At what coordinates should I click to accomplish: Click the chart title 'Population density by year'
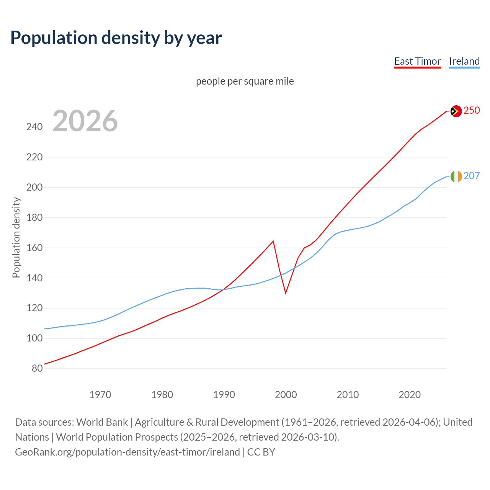(x=116, y=38)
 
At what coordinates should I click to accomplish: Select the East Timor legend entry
(x=417, y=61)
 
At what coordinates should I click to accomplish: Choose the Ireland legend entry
(x=464, y=61)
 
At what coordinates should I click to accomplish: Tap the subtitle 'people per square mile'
(x=245, y=81)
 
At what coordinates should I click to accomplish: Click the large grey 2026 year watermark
(x=85, y=121)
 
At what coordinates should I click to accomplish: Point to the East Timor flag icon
(x=456, y=111)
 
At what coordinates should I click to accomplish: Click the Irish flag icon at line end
(x=456, y=176)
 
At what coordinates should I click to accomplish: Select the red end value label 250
(x=472, y=110)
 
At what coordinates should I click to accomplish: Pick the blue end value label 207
(x=472, y=176)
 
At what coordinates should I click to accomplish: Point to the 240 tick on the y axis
(x=34, y=127)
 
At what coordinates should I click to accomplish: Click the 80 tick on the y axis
(x=37, y=369)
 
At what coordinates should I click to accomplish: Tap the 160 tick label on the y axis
(x=34, y=248)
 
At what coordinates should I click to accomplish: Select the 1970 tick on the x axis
(x=100, y=394)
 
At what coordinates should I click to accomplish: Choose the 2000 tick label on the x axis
(x=286, y=394)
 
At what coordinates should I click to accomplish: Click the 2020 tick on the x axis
(x=410, y=394)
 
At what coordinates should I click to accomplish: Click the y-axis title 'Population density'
(x=16, y=237)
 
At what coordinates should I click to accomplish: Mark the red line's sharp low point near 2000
(x=286, y=293)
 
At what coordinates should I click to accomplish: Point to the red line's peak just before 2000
(x=273, y=241)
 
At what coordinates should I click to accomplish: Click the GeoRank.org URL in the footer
(x=127, y=452)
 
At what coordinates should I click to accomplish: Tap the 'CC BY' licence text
(x=261, y=452)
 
